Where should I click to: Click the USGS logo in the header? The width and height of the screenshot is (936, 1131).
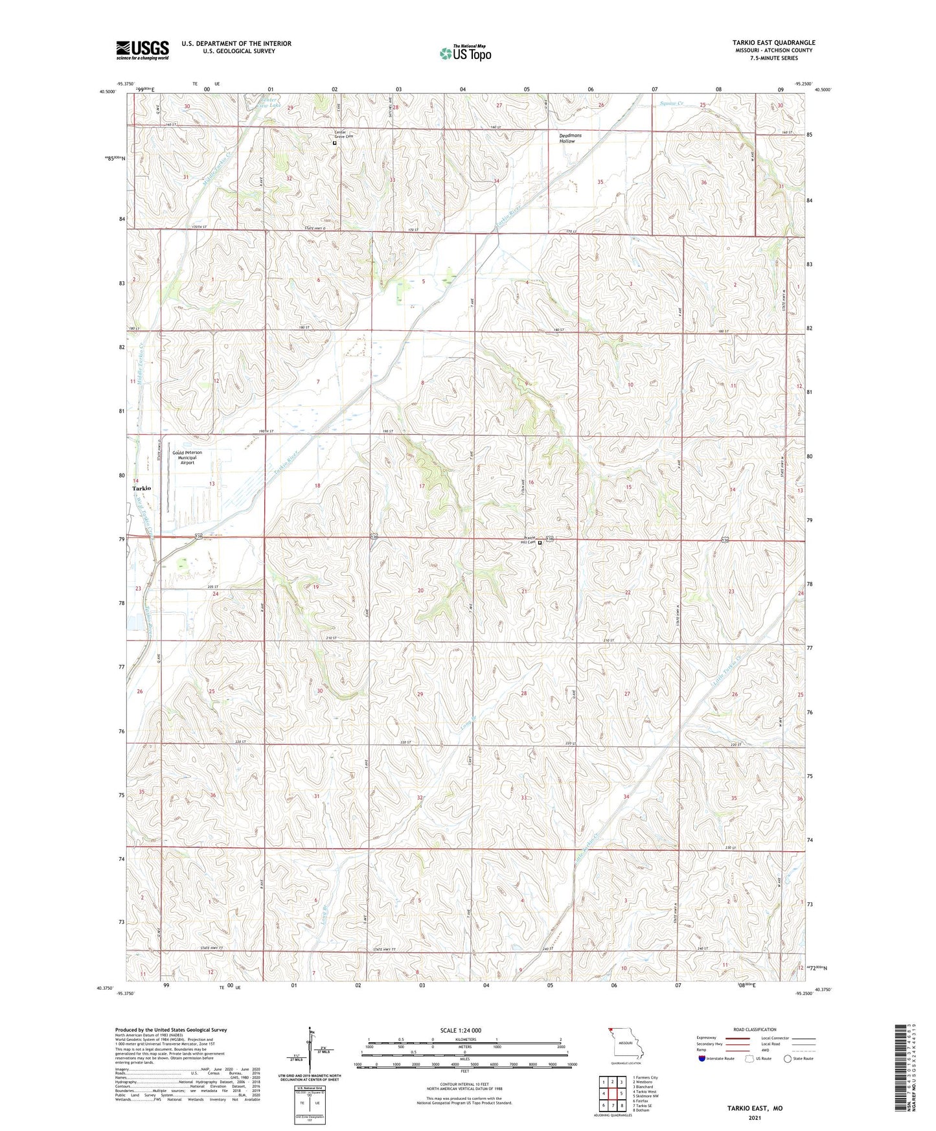point(143,49)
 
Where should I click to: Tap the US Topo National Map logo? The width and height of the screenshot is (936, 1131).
point(465,52)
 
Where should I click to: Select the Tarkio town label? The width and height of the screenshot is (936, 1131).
point(141,488)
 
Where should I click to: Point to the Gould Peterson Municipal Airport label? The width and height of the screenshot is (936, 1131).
point(187,457)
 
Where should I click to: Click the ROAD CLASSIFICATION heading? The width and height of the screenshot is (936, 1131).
point(755,1029)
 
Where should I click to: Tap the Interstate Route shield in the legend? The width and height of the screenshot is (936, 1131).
point(702,1058)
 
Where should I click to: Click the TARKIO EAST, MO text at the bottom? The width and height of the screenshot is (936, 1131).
point(754,1108)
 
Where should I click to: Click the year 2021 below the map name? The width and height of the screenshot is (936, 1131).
point(754,1118)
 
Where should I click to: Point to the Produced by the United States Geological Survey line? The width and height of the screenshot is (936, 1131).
point(171,1030)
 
